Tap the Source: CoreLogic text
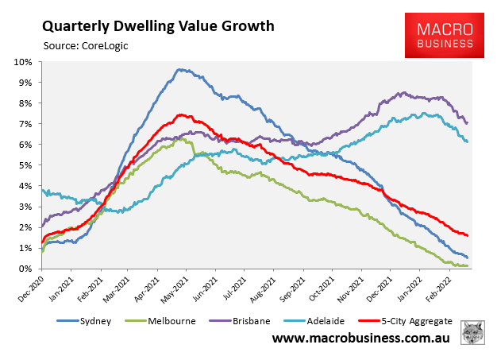(x=86, y=45)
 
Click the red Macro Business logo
(x=444, y=35)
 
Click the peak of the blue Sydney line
(x=179, y=69)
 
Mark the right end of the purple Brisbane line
(x=467, y=122)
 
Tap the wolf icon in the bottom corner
(x=475, y=335)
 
